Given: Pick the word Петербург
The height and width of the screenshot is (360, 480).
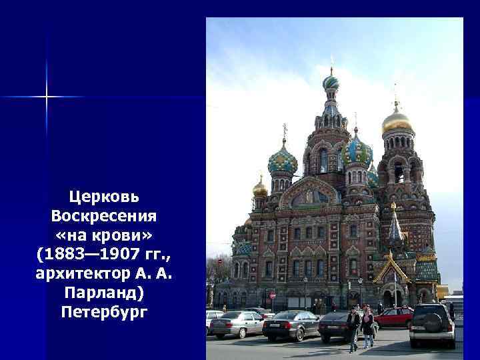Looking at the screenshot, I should click(104, 312).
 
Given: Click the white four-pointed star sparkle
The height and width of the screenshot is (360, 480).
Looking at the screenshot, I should click(47, 97).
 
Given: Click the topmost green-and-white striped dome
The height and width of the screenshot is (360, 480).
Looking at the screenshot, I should click(331, 83).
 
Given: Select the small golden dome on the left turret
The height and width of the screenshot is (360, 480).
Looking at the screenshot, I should click(260, 189).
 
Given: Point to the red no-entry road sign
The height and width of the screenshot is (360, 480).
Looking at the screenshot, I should click(272, 295).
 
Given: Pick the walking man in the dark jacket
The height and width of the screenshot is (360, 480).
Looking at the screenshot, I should click(353, 326).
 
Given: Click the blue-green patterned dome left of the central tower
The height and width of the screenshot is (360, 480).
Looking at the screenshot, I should click(283, 161).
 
